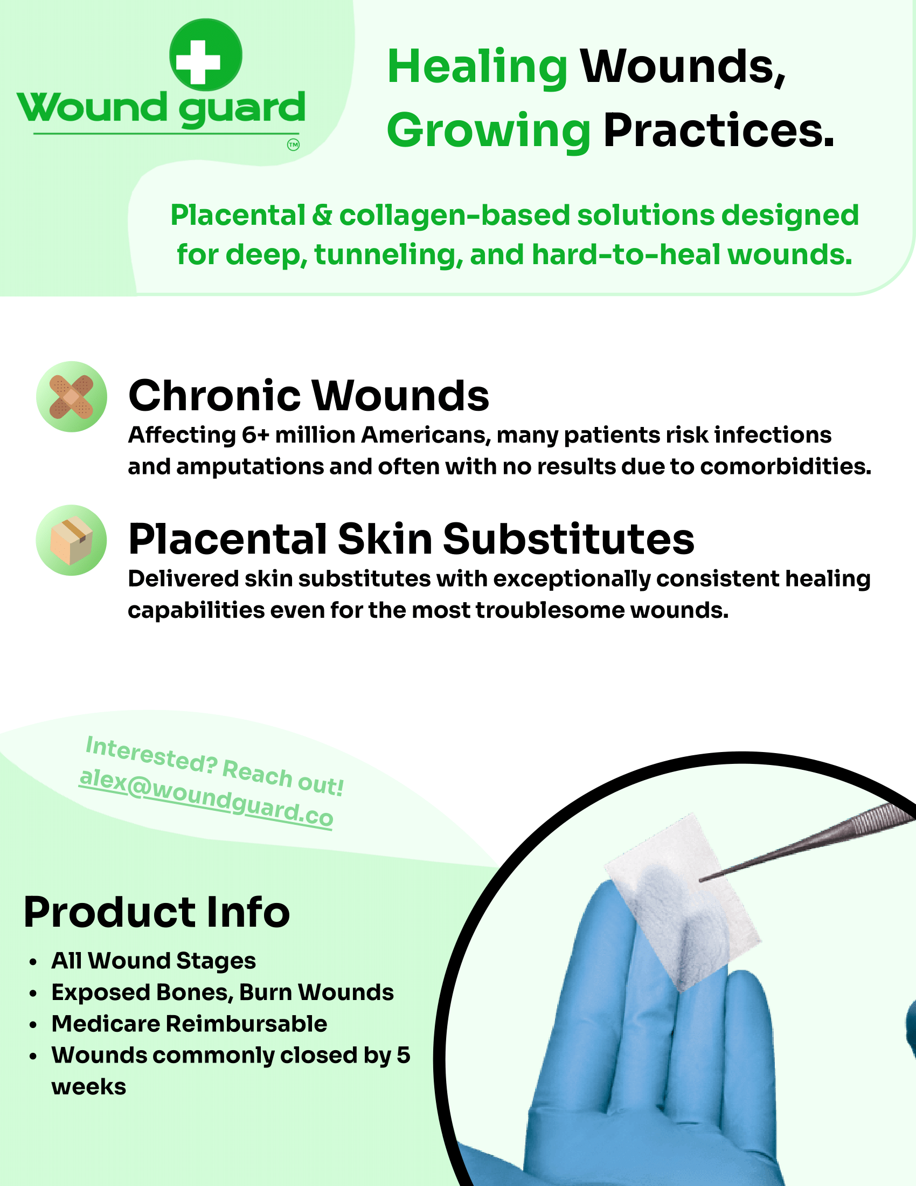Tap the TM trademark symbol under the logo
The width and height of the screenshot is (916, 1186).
click(293, 145)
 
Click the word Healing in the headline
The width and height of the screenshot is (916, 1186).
click(477, 68)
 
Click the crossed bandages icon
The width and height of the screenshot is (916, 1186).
click(72, 396)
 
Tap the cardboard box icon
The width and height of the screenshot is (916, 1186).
click(72, 540)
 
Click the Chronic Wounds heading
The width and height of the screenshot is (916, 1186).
click(309, 395)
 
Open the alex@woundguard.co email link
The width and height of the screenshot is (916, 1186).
click(206, 798)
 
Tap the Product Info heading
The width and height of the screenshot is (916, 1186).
click(157, 912)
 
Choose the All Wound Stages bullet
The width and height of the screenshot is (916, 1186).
click(154, 961)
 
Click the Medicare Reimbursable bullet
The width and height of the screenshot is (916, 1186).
click(189, 1024)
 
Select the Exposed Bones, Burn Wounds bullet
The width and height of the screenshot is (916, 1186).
click(223, 992)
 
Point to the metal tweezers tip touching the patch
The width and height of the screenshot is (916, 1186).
click(701, 880)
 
